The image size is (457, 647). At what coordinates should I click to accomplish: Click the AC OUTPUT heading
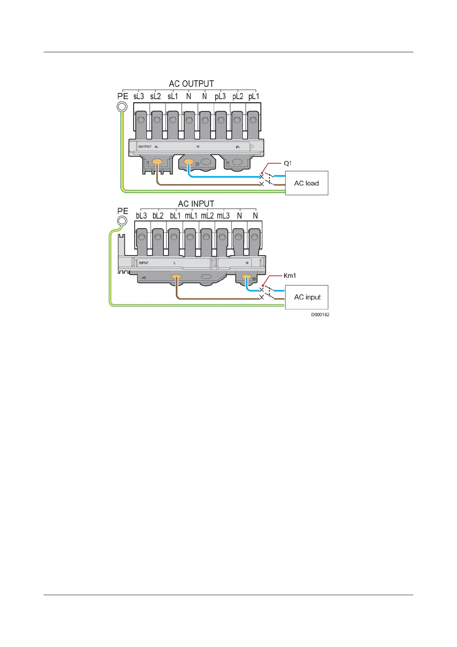(191, 84)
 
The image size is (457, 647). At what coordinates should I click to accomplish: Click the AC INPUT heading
(196, 204)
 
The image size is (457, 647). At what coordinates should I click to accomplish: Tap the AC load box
(307, 183)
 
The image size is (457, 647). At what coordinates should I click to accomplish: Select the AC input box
(307, 297)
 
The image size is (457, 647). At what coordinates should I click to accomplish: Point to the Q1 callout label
(287, 163)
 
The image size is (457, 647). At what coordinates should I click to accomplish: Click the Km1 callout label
(290, 275)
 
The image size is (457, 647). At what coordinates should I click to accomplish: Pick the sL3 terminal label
(139, 96)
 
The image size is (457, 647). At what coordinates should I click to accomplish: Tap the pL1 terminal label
(254, 96)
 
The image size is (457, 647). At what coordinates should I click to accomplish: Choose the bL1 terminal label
(175, 216)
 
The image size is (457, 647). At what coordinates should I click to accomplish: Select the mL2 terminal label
(207, 216)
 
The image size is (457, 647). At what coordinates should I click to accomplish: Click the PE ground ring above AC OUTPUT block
(122, 106)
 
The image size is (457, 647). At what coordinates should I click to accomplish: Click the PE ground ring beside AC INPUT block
(122, 221)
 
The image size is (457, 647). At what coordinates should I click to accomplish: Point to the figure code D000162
(320, 315)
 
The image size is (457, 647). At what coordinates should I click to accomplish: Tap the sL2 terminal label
(155, 96)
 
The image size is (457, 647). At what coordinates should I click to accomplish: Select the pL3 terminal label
(220, 96)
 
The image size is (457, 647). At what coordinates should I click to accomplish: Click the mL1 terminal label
(191, 216)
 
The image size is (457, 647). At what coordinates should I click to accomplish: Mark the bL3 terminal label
(141, 216)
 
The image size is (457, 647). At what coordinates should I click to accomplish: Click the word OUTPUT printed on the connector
(145, 146)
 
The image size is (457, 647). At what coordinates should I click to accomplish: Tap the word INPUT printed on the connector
(144, 263)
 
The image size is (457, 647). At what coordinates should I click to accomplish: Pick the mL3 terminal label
(223, 216)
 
